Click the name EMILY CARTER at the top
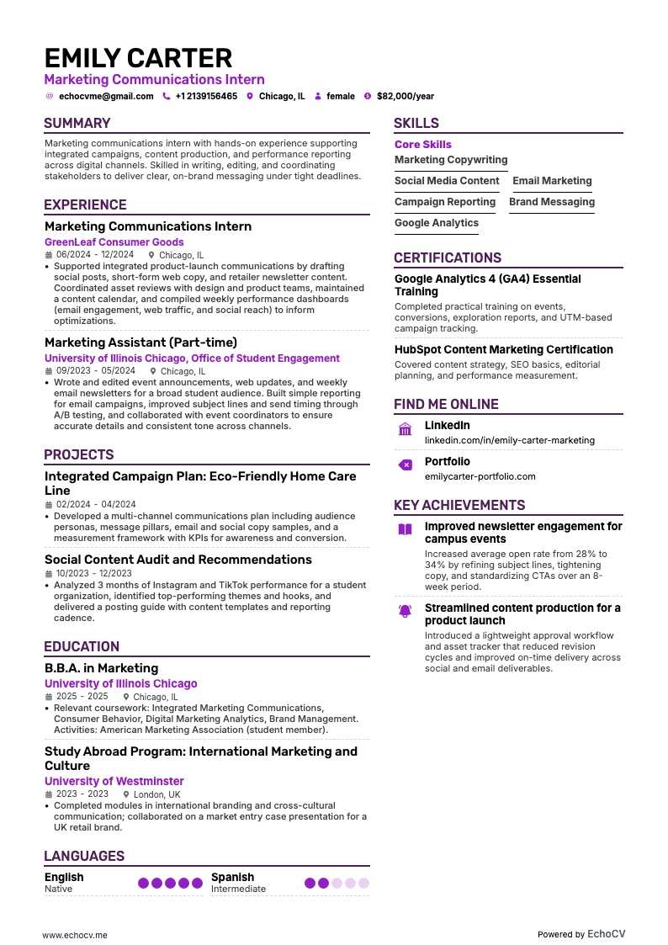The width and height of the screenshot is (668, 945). [138, 58]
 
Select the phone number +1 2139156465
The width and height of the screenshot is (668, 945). [206, 97]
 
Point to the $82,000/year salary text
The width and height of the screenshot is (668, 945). [406, 97]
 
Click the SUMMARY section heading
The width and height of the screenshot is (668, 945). [77, 123]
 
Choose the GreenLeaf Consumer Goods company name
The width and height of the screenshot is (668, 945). [114, 242]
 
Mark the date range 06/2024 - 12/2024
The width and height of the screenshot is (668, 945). [95, 255]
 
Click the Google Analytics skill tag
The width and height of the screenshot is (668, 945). [437, 223]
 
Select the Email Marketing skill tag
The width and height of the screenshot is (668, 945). [552, 181]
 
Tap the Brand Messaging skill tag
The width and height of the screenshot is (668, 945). [552, 202]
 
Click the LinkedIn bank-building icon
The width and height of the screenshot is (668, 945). [405, 430]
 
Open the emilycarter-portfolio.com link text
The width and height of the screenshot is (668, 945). [480, 476]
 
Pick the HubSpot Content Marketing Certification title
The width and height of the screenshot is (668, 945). [504, 349]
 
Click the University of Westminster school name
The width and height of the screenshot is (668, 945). [114, 782]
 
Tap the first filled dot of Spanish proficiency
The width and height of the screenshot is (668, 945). [310, 884]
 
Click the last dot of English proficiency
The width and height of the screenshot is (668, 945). [197, 884]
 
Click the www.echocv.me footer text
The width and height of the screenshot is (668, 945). [75, 935]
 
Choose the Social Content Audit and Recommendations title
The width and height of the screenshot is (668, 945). [178, 560]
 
